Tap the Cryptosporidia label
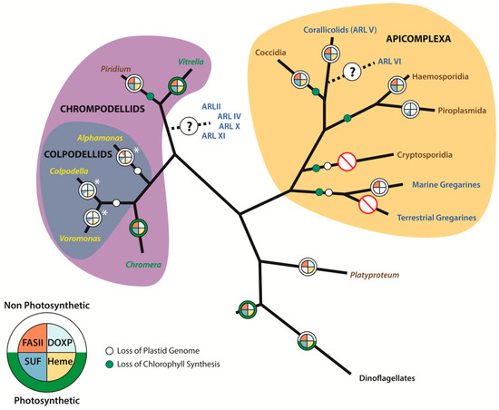point(429,155)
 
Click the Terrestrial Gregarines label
point(440,218)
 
